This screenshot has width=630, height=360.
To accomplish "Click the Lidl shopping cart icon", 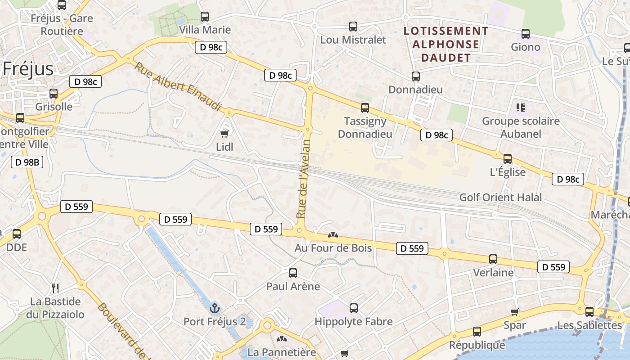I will click(224, 134).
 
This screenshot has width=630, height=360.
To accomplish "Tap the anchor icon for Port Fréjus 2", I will click(215, 308).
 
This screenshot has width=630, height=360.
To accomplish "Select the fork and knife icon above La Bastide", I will click(55, 288).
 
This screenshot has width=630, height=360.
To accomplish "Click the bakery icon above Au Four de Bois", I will click(333, 234).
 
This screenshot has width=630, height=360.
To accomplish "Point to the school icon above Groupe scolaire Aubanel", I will click(521, 108).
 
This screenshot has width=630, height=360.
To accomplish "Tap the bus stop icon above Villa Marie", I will click(205, 17).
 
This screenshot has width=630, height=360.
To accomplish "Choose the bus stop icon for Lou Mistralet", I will click(353, 27).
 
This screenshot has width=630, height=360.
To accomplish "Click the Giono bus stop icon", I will click(525, 34).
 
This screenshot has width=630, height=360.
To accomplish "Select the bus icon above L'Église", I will click(508, 159).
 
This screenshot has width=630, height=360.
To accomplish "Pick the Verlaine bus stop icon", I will click(493, 259).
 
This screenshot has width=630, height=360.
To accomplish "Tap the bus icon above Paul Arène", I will click(293, 273).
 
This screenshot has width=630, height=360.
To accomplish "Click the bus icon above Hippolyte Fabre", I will click(354, 308).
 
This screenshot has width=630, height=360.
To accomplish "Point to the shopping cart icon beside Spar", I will click(515, 312).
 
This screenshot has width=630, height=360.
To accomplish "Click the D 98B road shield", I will click(27, 162).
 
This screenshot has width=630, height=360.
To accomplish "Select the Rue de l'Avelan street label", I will click(304, 179).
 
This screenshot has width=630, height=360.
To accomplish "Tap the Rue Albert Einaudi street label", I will click(178, 86).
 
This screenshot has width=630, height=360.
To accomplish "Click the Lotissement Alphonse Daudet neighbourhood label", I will click(446, 44).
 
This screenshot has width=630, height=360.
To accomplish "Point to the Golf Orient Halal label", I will click(500, 197).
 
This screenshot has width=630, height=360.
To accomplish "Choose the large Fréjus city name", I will click(28, 69).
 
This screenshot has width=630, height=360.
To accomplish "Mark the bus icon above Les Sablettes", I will click(589, 311).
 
